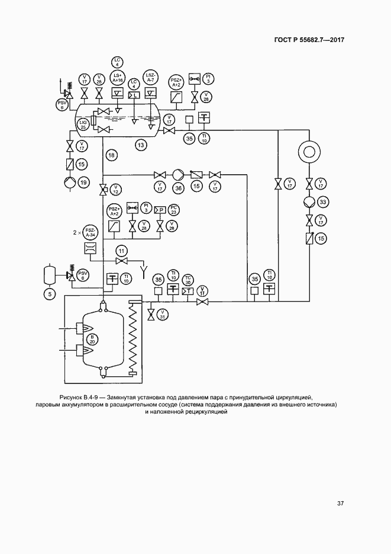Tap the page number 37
point(341,504)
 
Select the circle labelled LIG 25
point(83,124)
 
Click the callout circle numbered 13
point(140,144)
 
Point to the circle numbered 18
point(112,155)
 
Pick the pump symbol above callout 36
point(178,174)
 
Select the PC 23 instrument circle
point(174,210)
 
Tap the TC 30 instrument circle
point(188,279)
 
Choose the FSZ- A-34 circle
point(90,233)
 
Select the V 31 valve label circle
point(163,313)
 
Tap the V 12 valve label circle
point(116,190)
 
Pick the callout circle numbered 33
point(323,203)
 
